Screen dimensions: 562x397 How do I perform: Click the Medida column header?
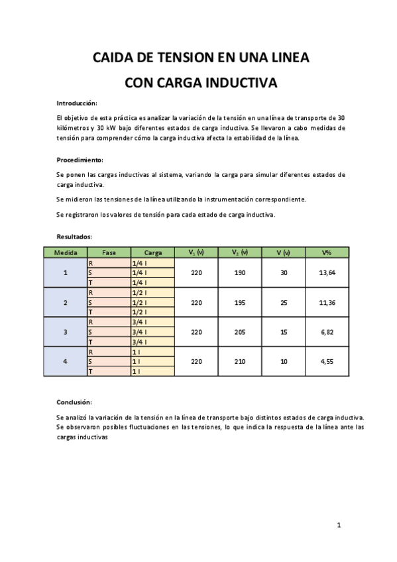(65, 253)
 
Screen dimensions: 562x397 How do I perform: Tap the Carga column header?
(152, 253)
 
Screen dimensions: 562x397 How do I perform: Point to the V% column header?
(326, 253)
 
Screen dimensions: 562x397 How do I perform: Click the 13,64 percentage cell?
(326, 272)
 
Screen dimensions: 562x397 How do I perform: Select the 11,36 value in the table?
(326, 302)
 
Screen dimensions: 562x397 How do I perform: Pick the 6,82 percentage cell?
(326, 332)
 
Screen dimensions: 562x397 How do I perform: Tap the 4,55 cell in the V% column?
(326, 362)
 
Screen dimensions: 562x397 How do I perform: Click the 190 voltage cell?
(240, 272)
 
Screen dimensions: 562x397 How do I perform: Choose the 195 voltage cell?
(240, 302)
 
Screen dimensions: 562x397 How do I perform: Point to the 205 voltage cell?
(240, 332)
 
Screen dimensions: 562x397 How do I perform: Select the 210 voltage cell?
(240, 362)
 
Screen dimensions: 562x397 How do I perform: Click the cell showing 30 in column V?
(284, 272)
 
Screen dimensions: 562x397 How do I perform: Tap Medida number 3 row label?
(65, 332)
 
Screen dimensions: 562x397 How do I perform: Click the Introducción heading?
(77, 103)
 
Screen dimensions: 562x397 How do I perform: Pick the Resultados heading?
(74, 236)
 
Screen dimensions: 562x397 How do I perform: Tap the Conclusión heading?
(74, 402)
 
